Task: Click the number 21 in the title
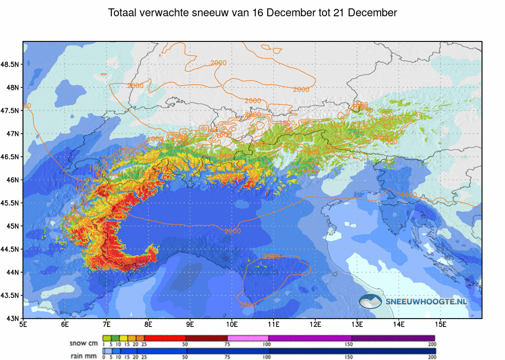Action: point(339,13)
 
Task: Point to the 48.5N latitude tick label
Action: point(10,65)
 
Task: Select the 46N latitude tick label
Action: point(13,180)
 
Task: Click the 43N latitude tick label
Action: point(13,318)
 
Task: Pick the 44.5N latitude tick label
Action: point(10,249)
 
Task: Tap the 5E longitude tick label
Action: point(23,324)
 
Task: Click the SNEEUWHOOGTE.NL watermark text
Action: point(427,300)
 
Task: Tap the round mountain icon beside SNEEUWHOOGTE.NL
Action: point(370,300)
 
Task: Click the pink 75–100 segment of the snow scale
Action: point(248,338)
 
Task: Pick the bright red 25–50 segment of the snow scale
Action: point(165,338)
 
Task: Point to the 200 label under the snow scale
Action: point(433,344)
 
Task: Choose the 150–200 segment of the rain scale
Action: point(393,351)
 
